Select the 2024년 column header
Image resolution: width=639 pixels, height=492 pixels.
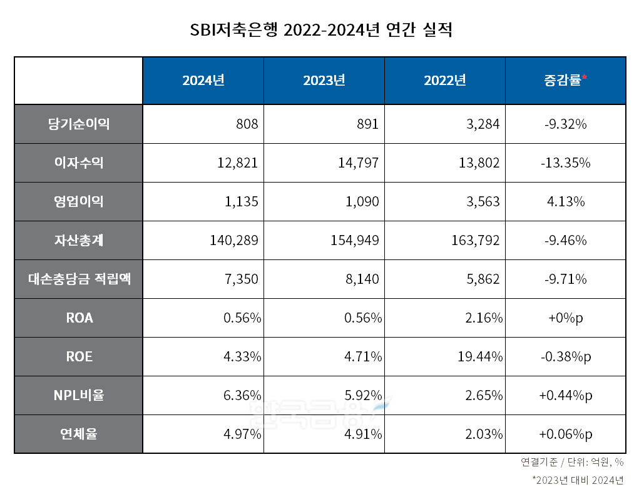[203, 81]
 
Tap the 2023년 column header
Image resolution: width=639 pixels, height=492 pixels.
[324, 81]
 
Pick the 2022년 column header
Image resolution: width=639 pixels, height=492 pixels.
[445, 81]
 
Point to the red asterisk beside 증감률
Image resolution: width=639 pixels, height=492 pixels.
[585, 78]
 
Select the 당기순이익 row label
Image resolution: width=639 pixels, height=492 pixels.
[78, 124]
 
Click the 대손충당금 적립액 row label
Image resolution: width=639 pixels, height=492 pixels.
[78, 279]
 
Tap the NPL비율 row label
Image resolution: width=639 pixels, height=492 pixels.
[78, 395]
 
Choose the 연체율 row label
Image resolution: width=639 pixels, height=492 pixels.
[78, 434]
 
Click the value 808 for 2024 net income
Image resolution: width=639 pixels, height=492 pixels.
[247, 124]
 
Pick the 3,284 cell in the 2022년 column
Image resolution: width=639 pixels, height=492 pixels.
[482, 124]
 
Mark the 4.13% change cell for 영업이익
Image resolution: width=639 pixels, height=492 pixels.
[565, 201]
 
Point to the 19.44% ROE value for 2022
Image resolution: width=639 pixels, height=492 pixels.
[481, 356]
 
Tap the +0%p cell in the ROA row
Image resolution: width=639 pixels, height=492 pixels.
[565, 318]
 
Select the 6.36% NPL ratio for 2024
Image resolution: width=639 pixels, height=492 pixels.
[242, 395]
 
